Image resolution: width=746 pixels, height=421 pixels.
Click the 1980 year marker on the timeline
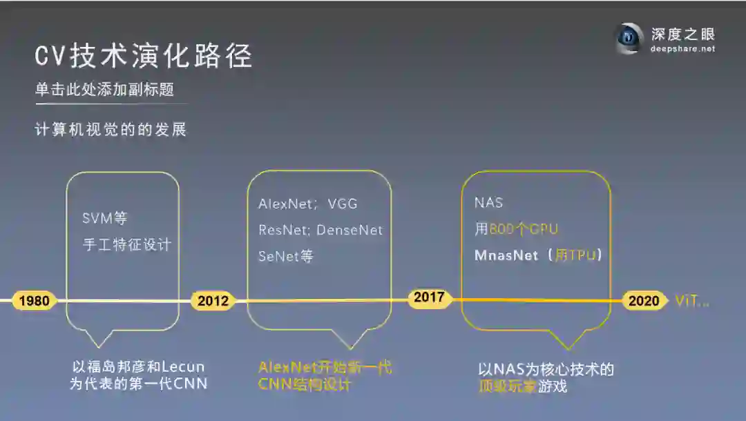pyautogui.click(x=34, y=301)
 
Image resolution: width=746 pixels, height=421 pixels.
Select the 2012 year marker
pyautogui.click(x=213, y=301)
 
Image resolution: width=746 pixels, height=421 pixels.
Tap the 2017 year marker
pyautogui.click(x=429, y=298)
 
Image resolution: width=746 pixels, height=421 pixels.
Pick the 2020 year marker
pyautogui.click(x=644, y=301)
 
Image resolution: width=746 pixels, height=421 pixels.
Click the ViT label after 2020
pyautogui.click(x=691, y=301)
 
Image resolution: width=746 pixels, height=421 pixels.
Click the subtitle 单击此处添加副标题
pyautogui.click(x=104, y=90)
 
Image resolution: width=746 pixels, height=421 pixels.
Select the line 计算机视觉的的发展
pyautogui.click(x=111, y=129)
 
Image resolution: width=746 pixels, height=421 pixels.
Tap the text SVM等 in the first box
pyautogui.click(x=105, y=219)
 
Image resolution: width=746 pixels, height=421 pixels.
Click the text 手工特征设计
pyautogui.click(x=126, y=244)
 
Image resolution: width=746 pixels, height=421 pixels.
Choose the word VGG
pyautogui.click(x=343, y=204)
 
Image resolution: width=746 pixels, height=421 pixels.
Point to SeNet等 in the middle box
pyautogui.click(x=286, y=256)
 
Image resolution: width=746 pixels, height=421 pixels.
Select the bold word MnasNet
pyautogui.click(x=506, y=255)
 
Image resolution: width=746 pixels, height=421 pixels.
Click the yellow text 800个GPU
pyautogui.click(x=523, y=229)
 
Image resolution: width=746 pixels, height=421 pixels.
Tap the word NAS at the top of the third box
pyautogui.click(x=488, y=203)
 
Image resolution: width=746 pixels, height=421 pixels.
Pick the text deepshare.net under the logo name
pyautogui.click(x=682, y=49)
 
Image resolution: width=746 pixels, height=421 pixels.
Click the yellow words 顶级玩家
pyautogui.click(x=508, y=386)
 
